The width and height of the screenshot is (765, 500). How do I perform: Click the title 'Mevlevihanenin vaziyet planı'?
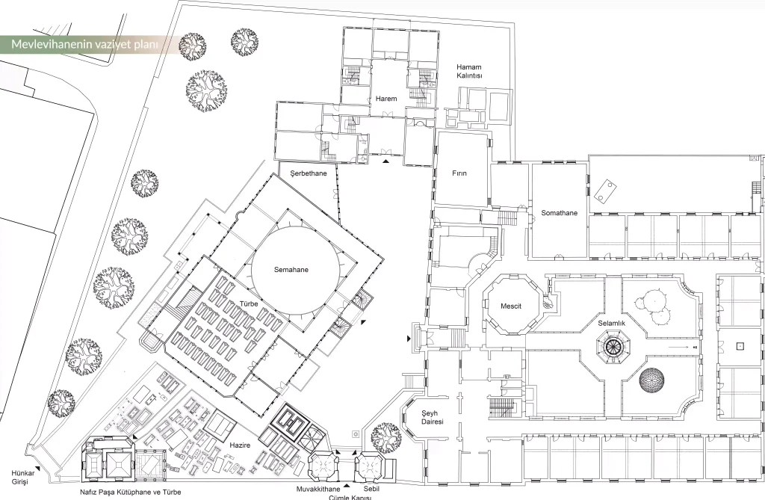click(85, 44)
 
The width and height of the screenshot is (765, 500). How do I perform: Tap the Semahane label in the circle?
click(291, 270)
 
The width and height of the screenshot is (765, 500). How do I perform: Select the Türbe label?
click(248, 303)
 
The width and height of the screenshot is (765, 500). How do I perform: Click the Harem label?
click(386, 99)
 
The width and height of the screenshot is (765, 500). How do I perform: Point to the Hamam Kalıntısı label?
click(469, 71)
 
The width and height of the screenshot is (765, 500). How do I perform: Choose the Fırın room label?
click(459, 173)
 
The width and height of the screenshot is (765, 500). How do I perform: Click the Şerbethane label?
click(309, 173)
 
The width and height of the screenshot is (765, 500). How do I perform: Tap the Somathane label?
click(559, 213)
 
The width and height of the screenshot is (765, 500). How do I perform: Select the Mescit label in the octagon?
click(511, 306)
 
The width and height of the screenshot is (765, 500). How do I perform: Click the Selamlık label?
click(611, 323)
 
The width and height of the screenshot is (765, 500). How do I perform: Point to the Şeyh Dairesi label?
click(433, 418)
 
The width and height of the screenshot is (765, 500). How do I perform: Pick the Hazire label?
click(240, 445)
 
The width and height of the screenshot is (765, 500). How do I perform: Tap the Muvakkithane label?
click(318, 489)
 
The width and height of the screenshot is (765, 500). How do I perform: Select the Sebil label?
click(371, 489)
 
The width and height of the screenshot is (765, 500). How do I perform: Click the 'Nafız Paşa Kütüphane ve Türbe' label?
click(130, 493)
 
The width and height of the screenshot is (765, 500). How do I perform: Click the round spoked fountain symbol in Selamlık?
click(611, 346)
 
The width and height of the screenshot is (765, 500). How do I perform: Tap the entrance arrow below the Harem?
click(386, 161)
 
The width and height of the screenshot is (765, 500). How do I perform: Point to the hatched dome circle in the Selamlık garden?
click(651, 380)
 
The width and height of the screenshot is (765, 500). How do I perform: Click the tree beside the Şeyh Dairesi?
click(386, 438)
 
